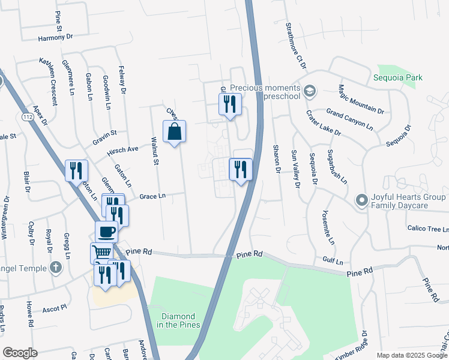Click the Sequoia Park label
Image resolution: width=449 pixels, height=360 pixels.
(397, 77)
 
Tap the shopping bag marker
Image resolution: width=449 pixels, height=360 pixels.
(174, 132)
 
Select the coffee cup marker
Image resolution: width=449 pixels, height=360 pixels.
(107, 231)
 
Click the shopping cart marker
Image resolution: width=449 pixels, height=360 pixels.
(102, 253)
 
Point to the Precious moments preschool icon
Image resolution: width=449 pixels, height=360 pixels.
(310, 91)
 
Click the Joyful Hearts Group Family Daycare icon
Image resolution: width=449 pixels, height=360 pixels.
(361, 200)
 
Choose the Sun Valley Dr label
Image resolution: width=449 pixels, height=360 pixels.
(295, 169)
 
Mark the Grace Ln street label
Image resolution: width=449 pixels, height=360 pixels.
(152, 196)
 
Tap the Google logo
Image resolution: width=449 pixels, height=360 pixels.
(20, 353)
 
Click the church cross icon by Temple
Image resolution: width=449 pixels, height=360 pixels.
(55, 267)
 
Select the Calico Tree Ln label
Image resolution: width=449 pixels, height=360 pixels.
(428, 229)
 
